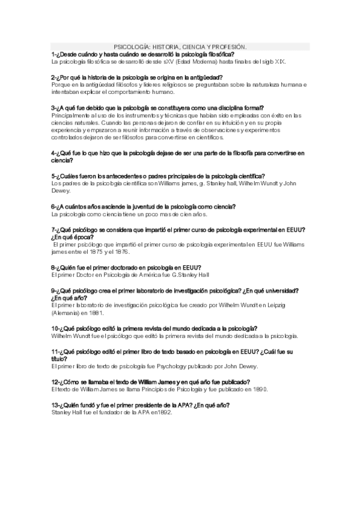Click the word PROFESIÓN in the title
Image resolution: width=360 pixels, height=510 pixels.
click(x=231, y=46)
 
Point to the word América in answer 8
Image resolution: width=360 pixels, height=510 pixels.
click(x=147, y=275)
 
